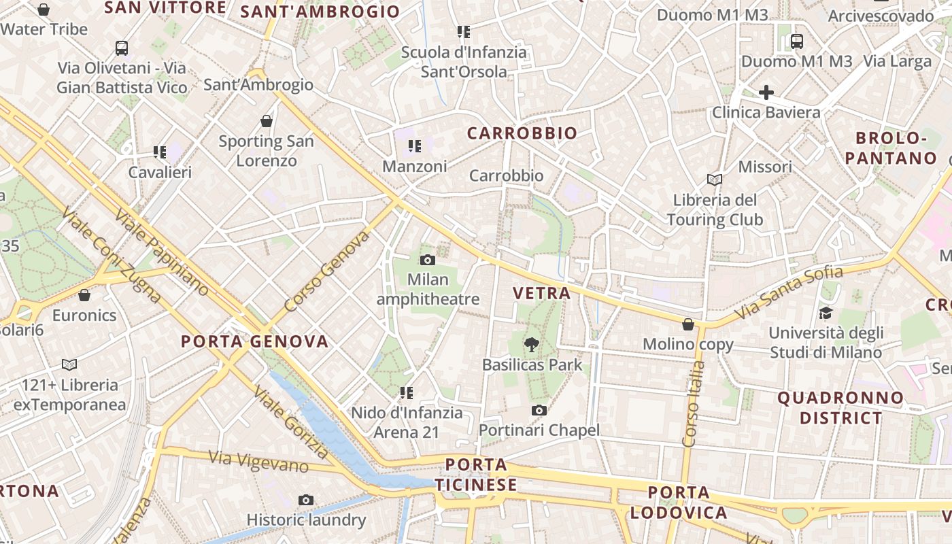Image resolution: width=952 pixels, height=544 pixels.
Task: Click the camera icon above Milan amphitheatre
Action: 428,260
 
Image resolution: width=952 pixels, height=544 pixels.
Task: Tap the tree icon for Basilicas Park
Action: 532,345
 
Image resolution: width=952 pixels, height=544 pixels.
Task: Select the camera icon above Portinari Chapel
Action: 539,410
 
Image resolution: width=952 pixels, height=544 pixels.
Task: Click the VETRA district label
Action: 541,293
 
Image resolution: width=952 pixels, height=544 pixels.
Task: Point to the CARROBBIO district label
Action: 522,133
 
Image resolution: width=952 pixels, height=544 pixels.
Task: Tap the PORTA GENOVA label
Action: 254,341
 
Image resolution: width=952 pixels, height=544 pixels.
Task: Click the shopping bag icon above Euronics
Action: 84,295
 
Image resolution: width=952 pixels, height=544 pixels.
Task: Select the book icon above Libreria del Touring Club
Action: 714,180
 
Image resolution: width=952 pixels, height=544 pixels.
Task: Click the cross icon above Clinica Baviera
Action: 766,92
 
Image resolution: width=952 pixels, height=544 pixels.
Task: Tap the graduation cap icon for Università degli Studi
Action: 826,313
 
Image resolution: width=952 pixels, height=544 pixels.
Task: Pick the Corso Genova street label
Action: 327,271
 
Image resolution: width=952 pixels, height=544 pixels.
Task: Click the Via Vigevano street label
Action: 258,462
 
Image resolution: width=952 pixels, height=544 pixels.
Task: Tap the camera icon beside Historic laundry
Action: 306,500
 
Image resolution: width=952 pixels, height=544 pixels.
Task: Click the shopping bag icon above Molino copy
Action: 688,324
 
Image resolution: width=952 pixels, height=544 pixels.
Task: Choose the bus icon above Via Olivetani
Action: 122,48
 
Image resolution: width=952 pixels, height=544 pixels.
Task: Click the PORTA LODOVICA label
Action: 679,502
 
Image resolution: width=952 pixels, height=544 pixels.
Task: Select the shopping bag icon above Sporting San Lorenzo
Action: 267,121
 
